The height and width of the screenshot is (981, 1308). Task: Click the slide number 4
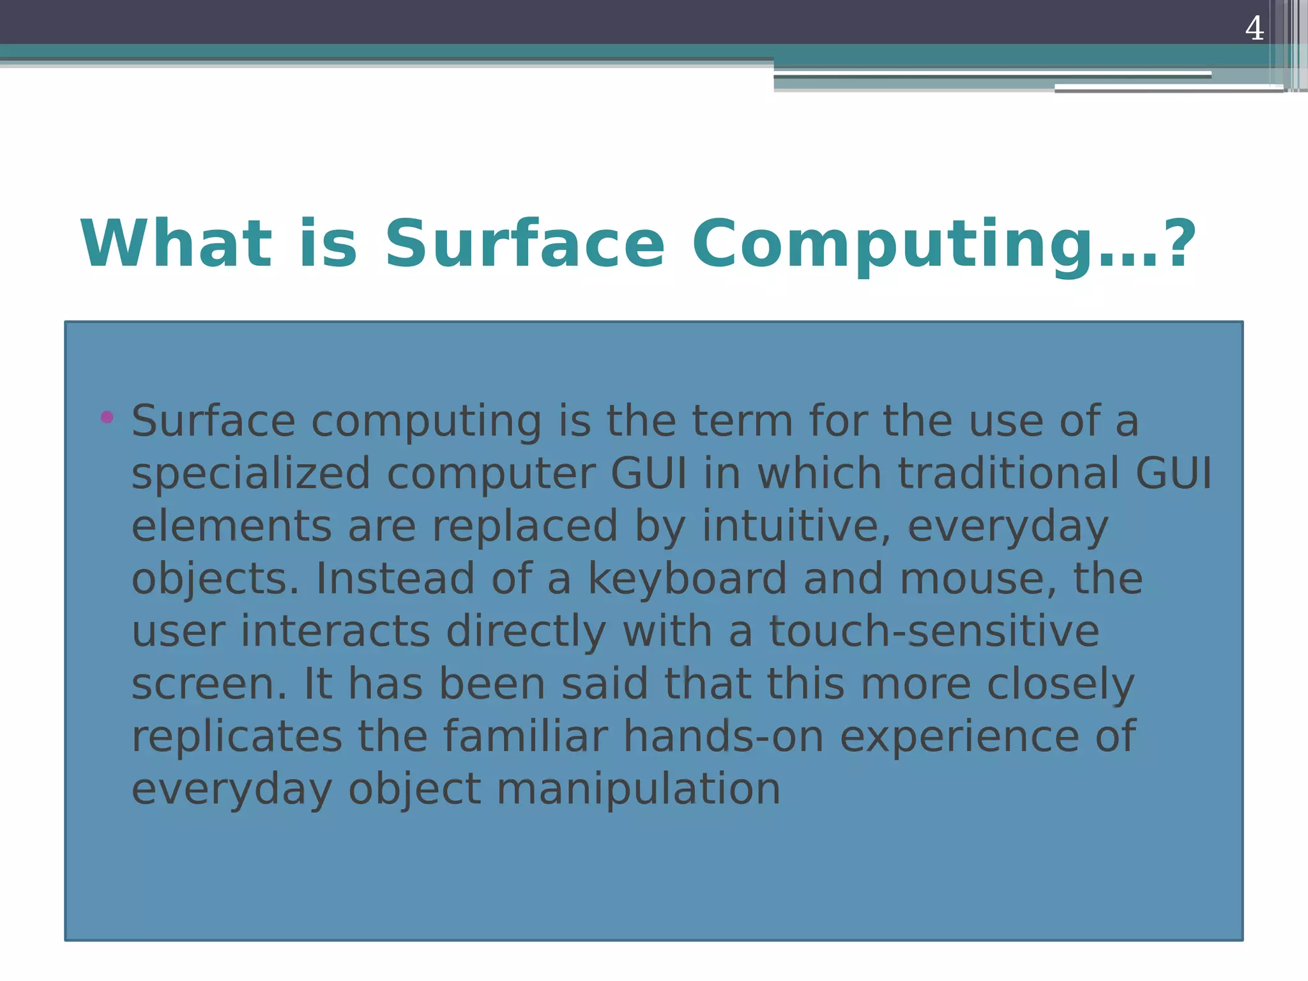(x=1254, y=28)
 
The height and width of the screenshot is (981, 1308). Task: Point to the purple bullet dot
(x=107, y=418)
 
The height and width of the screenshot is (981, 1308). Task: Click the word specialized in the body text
(x=250, y=474)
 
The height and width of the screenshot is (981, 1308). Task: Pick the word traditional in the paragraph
(x=1008, y=473)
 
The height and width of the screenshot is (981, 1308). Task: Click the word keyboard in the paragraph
(x=687, y=579)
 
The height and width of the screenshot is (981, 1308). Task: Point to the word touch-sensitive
(x=934, y=631)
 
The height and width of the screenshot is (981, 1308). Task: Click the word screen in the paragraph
(x=209, y=684)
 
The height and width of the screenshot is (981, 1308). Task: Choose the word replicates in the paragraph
(x=236, y=736)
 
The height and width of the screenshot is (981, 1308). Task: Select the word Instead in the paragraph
(x=395, y=579)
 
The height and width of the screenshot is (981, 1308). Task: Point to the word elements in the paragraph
(x=231, y=526)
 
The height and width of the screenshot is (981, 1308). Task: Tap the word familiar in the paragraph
(x=525, y=736)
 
